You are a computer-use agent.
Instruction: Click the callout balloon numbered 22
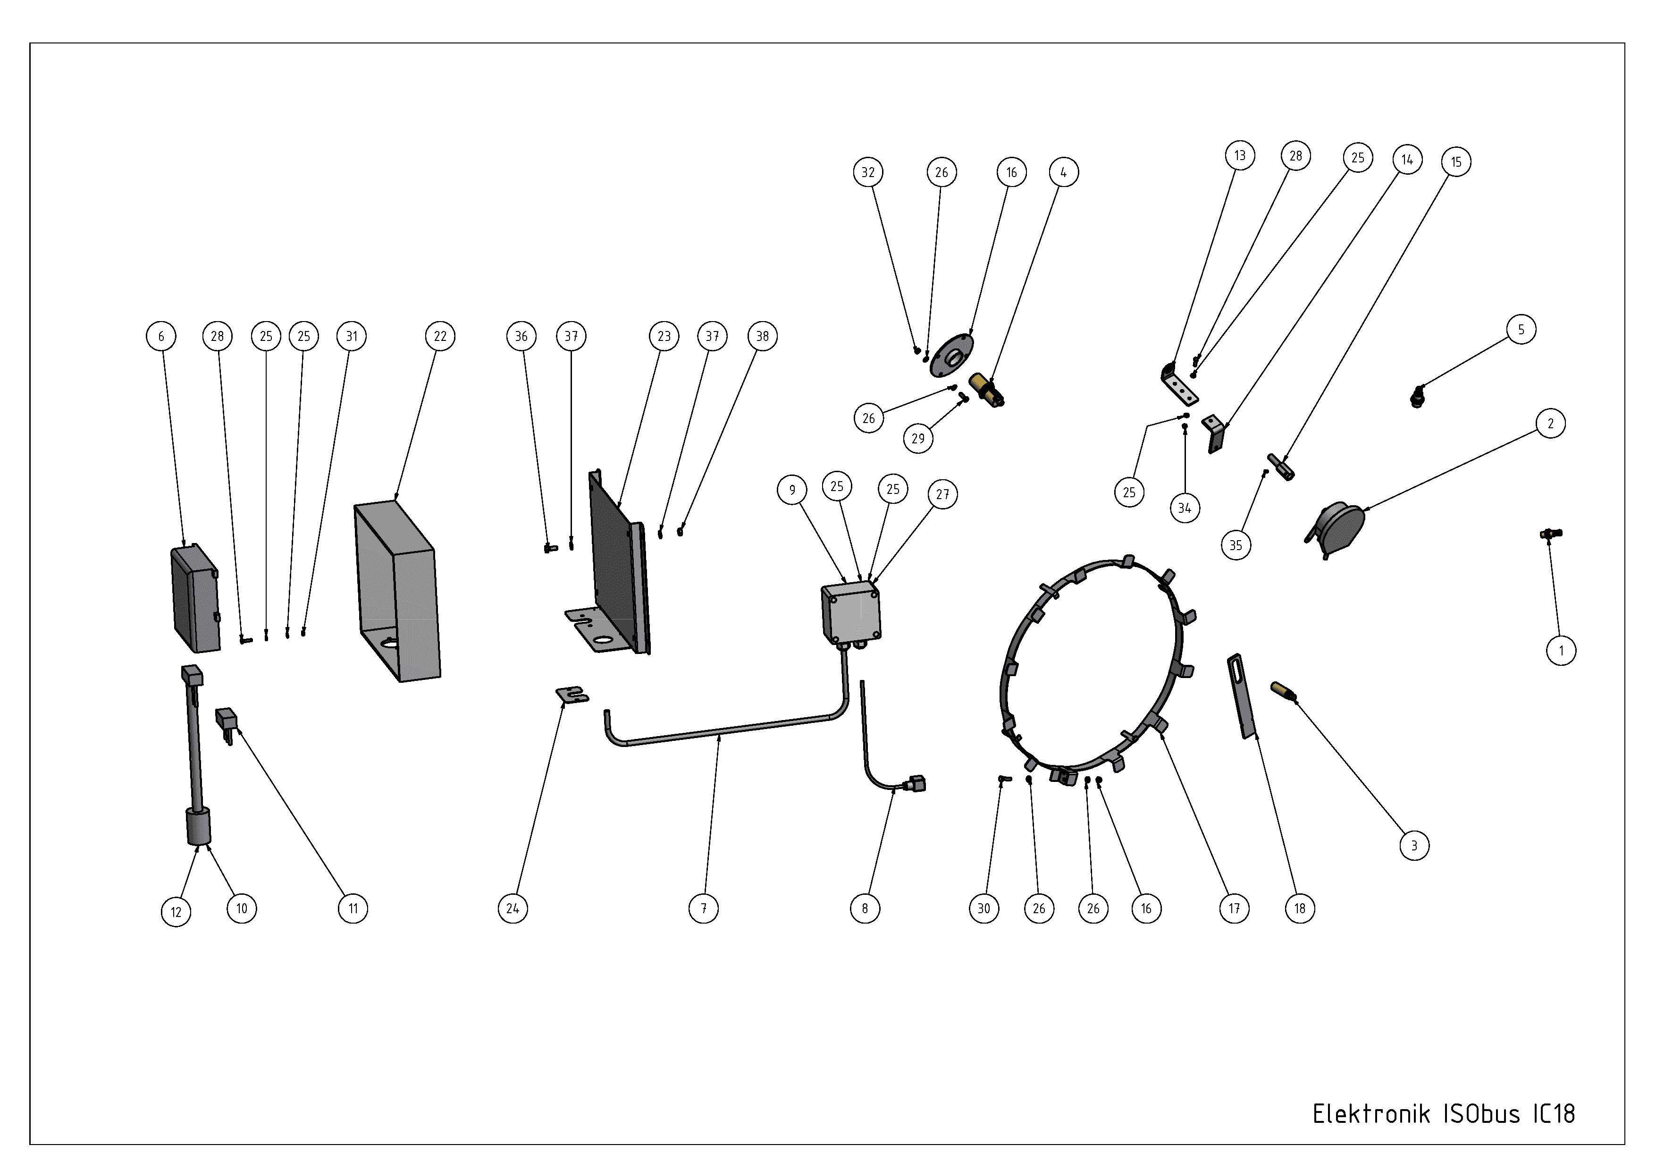pyautogui.click(x=440, y=336)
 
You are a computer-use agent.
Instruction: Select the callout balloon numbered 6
pyautogui.click(x=161, y=336)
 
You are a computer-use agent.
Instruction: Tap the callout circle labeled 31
pyautogui.click(x=351, y=336)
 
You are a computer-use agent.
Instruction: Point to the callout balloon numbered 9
pyautogui.click(x=792, y=491)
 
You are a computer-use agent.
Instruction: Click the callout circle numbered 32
pyautogui.click(x=868, y=172)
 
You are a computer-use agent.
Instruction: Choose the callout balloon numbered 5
pyautogui.click(x=1521, y=330)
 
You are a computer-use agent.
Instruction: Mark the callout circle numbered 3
pyautogui.click(x=1413, y=846)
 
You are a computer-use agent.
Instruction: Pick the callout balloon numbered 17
pyautogui.click(x=1234, y=908)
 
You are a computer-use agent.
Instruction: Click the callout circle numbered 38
pyautogui.click(x=762, y=336)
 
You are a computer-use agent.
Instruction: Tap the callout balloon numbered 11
pyautogui.click(x=353, y=908)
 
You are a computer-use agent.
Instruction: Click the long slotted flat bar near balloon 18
pyautogui.click(x=1241, y=696)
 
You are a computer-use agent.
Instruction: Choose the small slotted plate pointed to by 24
pyautogui.click(x=572, y=696)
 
